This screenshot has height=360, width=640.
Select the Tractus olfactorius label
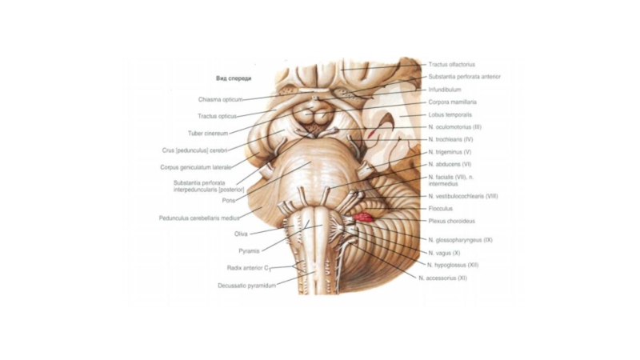451,64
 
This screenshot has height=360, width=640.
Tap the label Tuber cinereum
208,133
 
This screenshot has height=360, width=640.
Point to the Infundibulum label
444,90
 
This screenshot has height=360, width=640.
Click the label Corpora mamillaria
452,102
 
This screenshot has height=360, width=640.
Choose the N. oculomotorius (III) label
454,127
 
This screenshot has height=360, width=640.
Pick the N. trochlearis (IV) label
452,139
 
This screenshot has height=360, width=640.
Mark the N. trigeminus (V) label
450,152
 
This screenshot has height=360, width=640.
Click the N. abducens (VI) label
450,164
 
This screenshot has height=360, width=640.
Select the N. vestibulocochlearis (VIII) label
463,196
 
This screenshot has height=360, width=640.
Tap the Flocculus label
440,209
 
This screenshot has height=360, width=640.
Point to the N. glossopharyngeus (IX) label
460,240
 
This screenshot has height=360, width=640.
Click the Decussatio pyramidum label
247,285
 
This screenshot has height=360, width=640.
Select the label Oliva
241,234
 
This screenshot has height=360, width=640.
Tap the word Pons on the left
229,201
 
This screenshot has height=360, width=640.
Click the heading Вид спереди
234,78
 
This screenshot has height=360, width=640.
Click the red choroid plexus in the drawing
365,217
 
